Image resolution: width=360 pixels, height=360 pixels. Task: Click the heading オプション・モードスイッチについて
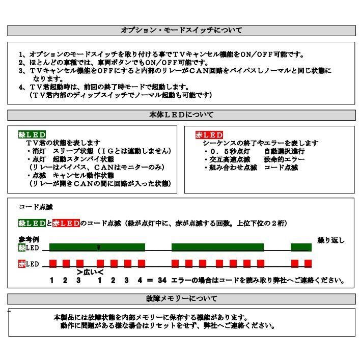[x=181, y=31]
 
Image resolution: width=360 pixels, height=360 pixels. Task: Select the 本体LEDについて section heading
[x=181, y=115]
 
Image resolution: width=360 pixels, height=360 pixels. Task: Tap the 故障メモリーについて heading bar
[x=181, y=298]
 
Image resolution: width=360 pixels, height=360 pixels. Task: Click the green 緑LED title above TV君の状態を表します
[x=32, y=135]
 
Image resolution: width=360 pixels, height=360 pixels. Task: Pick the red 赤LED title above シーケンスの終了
[x=209, y=135]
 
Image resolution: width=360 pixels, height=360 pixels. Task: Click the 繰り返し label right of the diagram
[x=330, y=240]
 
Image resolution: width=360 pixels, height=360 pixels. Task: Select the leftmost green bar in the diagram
[x=97, y=247]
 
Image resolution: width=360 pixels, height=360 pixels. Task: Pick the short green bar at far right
[x=301, y=247]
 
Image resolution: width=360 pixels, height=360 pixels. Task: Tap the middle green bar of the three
[x=217, y=247]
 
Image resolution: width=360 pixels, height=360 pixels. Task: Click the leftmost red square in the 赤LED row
[x=52, y=263]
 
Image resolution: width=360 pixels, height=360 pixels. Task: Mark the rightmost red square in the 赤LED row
[x=308, y=263]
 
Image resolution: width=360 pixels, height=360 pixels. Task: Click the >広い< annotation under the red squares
[x=90, y=272]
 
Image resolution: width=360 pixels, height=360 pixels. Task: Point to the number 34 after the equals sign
[x=162, y=280]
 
